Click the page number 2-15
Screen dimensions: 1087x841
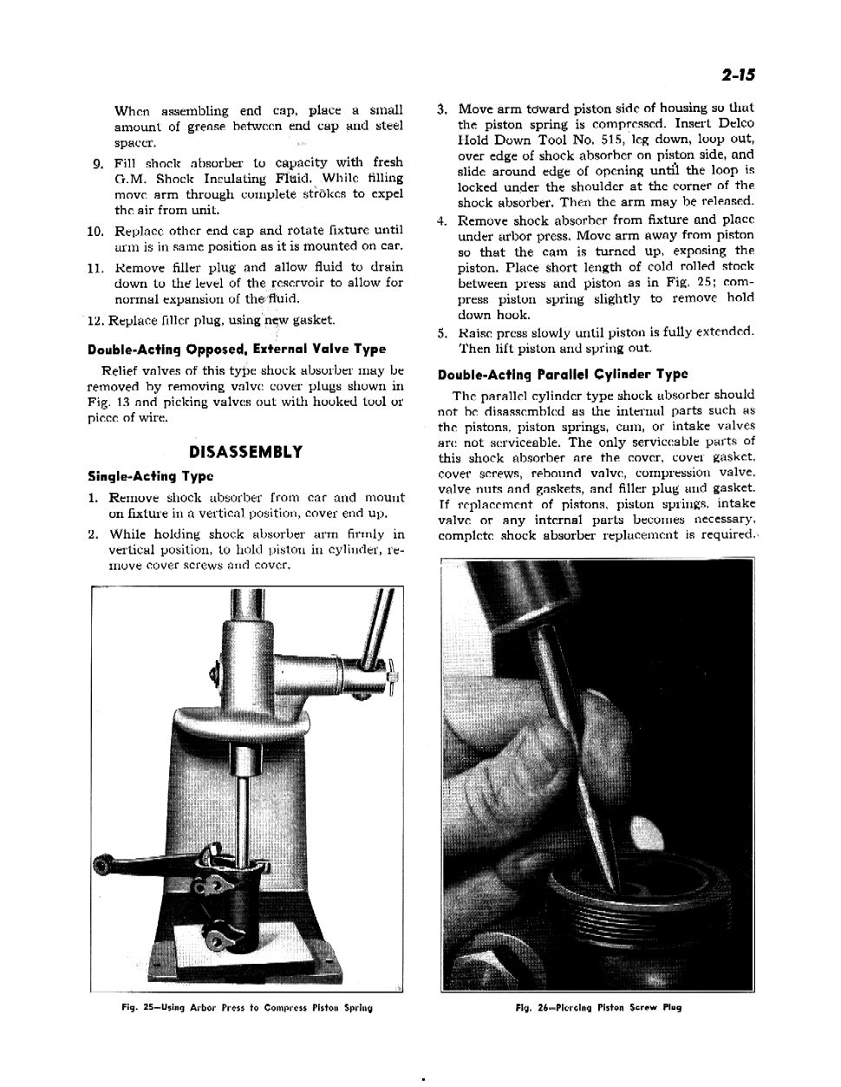[x=737, y=75]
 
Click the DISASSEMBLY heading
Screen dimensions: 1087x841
[x=246, y=452]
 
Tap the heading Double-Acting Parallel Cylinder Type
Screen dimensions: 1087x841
[x=563, y=375]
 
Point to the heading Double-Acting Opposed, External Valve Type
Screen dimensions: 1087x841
[x=237, y=349]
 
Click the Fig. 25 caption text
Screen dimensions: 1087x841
[x=246, y=1008]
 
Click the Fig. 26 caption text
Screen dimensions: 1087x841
[x=598, y=1008]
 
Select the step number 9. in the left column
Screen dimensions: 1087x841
[x=99, y=163]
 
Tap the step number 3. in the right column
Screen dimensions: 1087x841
[x=442, y=109]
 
